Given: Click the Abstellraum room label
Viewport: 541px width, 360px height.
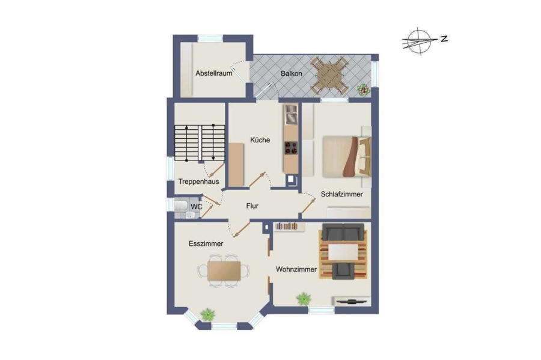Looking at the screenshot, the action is pyautogui.click(x=213, y=73).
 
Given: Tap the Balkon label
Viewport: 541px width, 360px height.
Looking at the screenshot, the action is pyautogui.click(x=291, y=73).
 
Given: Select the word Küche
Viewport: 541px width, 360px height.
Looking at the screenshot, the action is pyautogui.click(x=260, y=140).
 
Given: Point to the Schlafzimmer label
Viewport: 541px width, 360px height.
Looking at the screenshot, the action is pyautogui.click(x=341, y=194).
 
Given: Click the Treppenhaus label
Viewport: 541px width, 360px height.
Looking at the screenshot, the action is pyautogui.click(x=198, y=182).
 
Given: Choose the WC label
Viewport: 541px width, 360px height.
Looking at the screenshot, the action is pyautogui.click(x=197, y=207).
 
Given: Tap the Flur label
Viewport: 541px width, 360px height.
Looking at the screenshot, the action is pyautogui.click(x=252, y=206).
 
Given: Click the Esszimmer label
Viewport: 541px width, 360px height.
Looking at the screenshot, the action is pyautogui.click(x=206, y=244).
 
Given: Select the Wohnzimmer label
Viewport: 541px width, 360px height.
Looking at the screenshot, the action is pyautogui.click(x=296, y=270).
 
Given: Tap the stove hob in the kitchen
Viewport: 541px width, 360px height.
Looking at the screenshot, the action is pyautogui.click(x=291, y=148).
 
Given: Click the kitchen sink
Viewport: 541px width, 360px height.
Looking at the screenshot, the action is pyautogui.click(x=291, y=114).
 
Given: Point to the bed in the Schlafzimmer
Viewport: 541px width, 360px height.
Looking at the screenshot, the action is pyautogui.click(x=347, y=157).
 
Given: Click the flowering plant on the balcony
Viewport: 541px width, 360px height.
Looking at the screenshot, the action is pyautogui.click(x=363, y=90).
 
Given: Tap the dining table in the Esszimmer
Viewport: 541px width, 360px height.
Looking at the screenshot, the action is pyautogui.click(x=224, y=270).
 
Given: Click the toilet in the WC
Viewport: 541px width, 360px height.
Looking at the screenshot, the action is pyautogui.click(x=180, y=206).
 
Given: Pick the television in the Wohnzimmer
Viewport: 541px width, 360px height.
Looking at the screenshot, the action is pyautogui.click(x=351, y=302).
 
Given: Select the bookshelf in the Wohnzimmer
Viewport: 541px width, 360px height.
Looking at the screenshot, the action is pyautogui.click(x=290, y=226).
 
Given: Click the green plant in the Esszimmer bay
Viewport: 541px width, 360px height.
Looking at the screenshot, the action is pyautogui.click(x=208, y=314).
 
